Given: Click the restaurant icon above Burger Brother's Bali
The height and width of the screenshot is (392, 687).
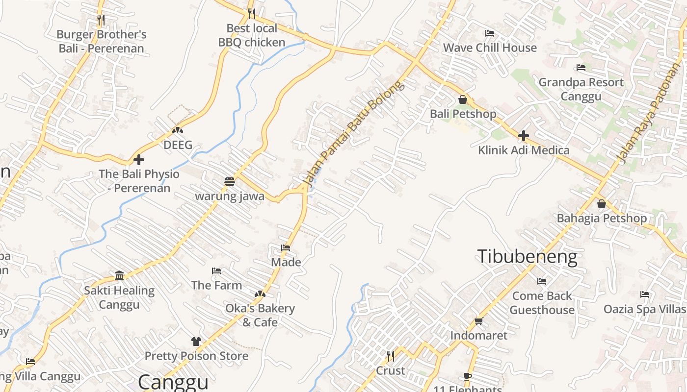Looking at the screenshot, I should (x=101, y=20).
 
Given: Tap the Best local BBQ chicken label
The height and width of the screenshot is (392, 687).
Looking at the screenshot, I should (x=252, y=35).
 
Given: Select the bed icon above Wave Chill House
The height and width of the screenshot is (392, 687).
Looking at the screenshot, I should (x=489, y=33).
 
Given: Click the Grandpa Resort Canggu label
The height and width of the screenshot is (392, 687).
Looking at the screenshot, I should (x=581, y=89).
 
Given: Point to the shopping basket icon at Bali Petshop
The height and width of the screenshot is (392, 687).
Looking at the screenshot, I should (x=462, y=100).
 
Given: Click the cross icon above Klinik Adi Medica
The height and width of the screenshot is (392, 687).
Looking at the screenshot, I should (x=524, y=136).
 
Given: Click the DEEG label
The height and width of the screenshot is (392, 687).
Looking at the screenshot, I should (x=178, y=145).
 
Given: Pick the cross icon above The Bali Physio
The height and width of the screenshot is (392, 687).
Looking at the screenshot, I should (x=139, y=160).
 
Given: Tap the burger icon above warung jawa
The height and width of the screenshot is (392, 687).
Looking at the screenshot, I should (x=230, y=182).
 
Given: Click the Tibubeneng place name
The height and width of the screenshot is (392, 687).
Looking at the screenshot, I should (x=527, y=257).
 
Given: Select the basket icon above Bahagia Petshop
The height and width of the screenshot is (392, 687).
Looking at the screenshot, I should (x=601, y=204).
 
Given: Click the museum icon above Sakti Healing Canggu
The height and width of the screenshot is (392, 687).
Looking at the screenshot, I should (x=119, y=276).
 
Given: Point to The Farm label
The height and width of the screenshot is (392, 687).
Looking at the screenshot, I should (x=216, y=285).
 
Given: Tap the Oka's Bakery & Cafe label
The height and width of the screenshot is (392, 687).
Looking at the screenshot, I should (x=260, y=315).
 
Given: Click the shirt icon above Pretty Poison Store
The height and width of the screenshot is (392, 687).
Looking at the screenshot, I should (x=196, y=341).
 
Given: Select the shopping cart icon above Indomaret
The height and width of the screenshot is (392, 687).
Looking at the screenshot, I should (x=478, y=321).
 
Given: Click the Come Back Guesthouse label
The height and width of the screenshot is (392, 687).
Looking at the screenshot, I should (x=542, y=303).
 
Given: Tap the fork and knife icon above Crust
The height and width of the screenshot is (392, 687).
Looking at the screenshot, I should (x=391, y=356).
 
